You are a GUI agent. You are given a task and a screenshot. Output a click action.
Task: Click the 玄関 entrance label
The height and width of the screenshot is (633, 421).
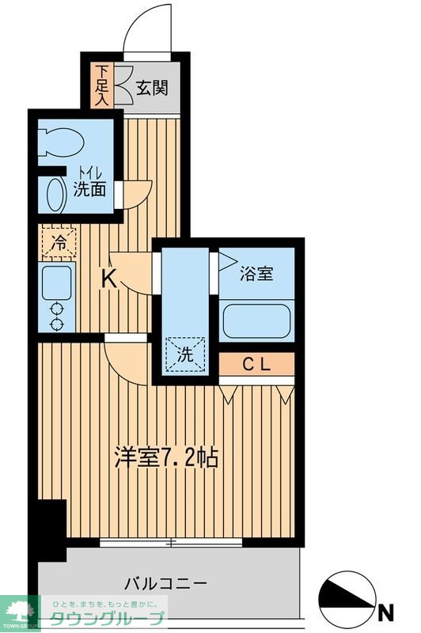coord(151,89)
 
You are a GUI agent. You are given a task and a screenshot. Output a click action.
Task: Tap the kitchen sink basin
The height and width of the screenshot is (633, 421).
coord(56,281)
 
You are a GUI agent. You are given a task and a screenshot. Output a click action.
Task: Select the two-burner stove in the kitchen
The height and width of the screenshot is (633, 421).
coord(56,316)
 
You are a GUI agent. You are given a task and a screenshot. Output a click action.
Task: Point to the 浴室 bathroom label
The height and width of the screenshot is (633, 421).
coord(256,275)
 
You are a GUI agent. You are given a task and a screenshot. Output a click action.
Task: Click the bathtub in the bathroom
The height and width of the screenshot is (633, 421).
coord(257,321)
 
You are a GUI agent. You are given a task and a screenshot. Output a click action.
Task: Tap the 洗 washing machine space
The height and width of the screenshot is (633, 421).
coord(184,353)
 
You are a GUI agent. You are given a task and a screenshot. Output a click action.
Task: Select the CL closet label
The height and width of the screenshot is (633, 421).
coord(256,365)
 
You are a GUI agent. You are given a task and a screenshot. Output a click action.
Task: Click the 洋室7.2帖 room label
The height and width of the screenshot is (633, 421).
coord(167,457)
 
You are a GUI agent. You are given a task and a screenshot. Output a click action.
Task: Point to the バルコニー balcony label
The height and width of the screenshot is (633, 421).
coord(166,584)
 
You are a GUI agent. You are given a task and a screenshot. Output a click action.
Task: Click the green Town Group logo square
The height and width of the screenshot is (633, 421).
coord(19,611)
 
